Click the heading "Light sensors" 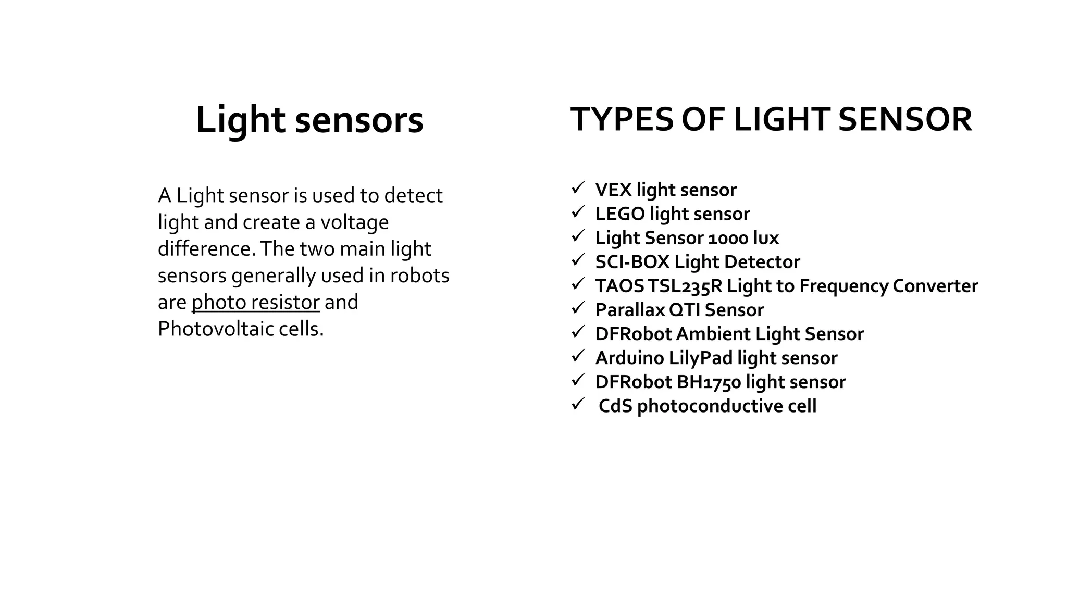coord(309,120)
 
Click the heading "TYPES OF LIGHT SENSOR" coord(771,119)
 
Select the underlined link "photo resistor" coord(255,302)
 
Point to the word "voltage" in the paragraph coord(354,222)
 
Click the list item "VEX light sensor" coord(665,190)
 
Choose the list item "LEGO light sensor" coord(672,214)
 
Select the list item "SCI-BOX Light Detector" coord(697,261)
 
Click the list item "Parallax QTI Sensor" coord(679,310)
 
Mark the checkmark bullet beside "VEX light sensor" coord(578,188)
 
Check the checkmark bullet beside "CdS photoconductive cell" coord(578,404)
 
